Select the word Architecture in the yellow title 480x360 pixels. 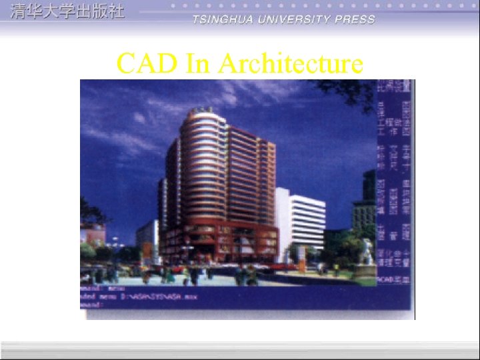(x=291, y=64)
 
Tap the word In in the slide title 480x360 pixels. (x=198, y=64)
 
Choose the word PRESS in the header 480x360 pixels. (x=355, y=19)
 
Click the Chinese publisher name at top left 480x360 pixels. (x=67, y=12)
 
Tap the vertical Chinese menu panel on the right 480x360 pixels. (x=394, y=187)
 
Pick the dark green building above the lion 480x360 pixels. (x=365, y=200)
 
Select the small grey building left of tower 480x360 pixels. (x=146, y=237)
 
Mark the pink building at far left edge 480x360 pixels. (x=92, y=233)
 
